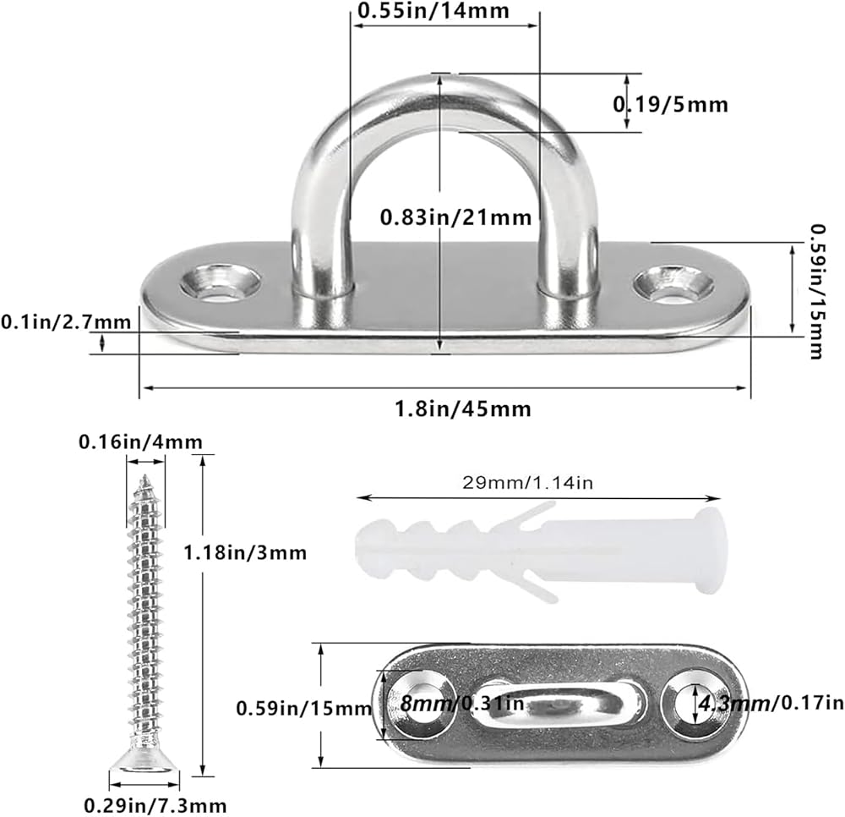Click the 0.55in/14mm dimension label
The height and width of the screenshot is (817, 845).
tap(433, 11)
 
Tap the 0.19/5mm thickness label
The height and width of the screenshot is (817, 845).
tap(671, 104)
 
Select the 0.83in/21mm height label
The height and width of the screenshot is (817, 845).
tap(456, 217)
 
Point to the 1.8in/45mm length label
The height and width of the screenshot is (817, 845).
tap(463, 408)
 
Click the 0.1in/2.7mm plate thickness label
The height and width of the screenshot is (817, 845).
tap(66, 322)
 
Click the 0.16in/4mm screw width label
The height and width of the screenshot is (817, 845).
tap(140, 442)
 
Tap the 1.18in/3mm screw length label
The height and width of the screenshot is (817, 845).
tap(245, 553)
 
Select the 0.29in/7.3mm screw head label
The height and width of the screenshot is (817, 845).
tap(155, 806)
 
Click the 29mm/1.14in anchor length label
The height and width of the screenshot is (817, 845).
tap(527, 482)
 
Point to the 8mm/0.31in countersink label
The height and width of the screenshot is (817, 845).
tap(462, 703)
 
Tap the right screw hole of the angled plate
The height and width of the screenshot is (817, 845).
tap(674, 283)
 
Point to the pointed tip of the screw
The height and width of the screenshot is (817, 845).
tap(144, 477)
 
